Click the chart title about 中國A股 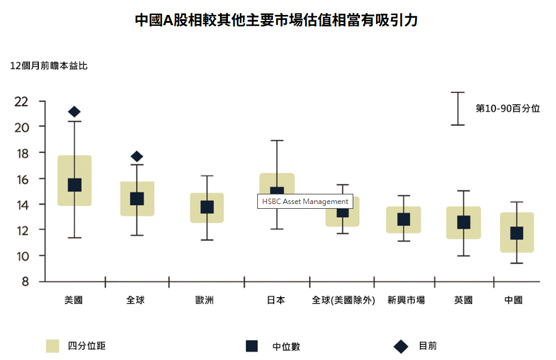[277, 20]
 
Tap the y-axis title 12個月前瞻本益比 [49, 66]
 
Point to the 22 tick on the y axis [22, 101]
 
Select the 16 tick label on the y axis [22, 179]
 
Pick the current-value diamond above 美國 [74, 112]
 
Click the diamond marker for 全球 [137, 157]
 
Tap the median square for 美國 [74, 185]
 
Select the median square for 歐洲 [207, 207]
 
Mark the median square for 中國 [516, 233]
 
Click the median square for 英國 [464, 223]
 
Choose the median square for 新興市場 [404, 220]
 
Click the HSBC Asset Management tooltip [305, 202]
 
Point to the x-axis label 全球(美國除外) [343, 300]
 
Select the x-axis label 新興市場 [406, 300]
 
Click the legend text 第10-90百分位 [507, 109]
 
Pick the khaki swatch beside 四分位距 [53, 346]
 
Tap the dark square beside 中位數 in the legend [252, 346]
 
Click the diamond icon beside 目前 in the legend [401, 346]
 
